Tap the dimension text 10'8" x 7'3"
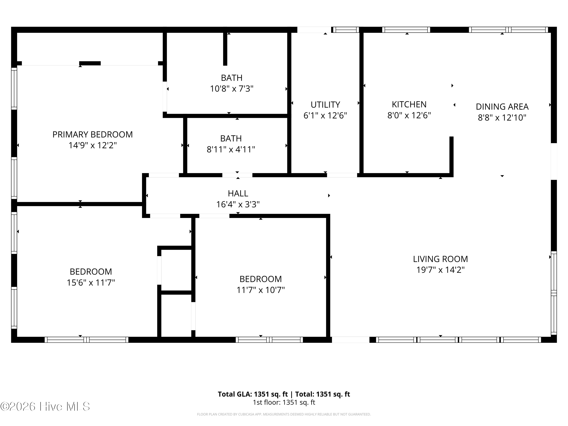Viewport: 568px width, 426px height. point(232,89)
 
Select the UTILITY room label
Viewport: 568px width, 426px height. point(325,105)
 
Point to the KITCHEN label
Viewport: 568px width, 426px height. point(409,105)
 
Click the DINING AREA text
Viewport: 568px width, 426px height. point(502,107)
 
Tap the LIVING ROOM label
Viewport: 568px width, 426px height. point(440,259)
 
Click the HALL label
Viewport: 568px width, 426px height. point(238,193)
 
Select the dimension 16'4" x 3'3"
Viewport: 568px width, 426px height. point(238,204)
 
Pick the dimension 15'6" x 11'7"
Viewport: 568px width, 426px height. point(91,283)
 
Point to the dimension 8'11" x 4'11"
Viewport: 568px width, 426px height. point(231,149)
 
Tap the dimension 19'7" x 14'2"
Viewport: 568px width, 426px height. point(440,270)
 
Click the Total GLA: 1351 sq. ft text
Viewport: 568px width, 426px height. point(253,394)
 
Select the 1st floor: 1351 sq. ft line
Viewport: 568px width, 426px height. point(284,402)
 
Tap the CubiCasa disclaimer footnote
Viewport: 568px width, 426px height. point(284,414)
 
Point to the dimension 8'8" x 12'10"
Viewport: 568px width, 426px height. point(502,118)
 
